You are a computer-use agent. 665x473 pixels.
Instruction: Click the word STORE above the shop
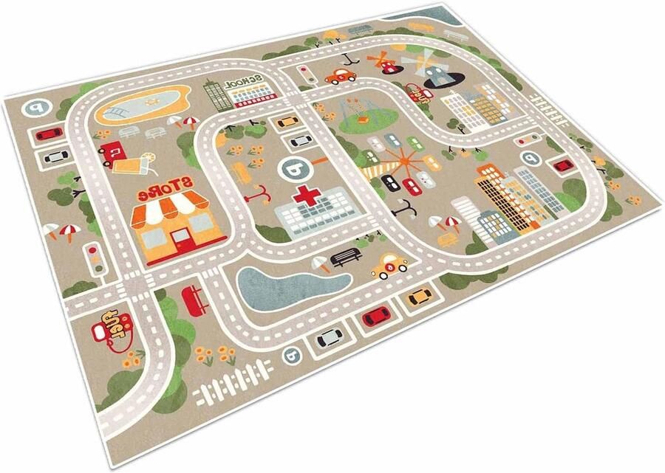[x=163, y=189]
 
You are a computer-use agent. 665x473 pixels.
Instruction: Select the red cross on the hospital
[x=304, y=196]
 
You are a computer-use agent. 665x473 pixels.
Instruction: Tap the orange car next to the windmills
[x=341, y=75]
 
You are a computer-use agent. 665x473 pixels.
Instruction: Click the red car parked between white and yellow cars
[x=375, y=317]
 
